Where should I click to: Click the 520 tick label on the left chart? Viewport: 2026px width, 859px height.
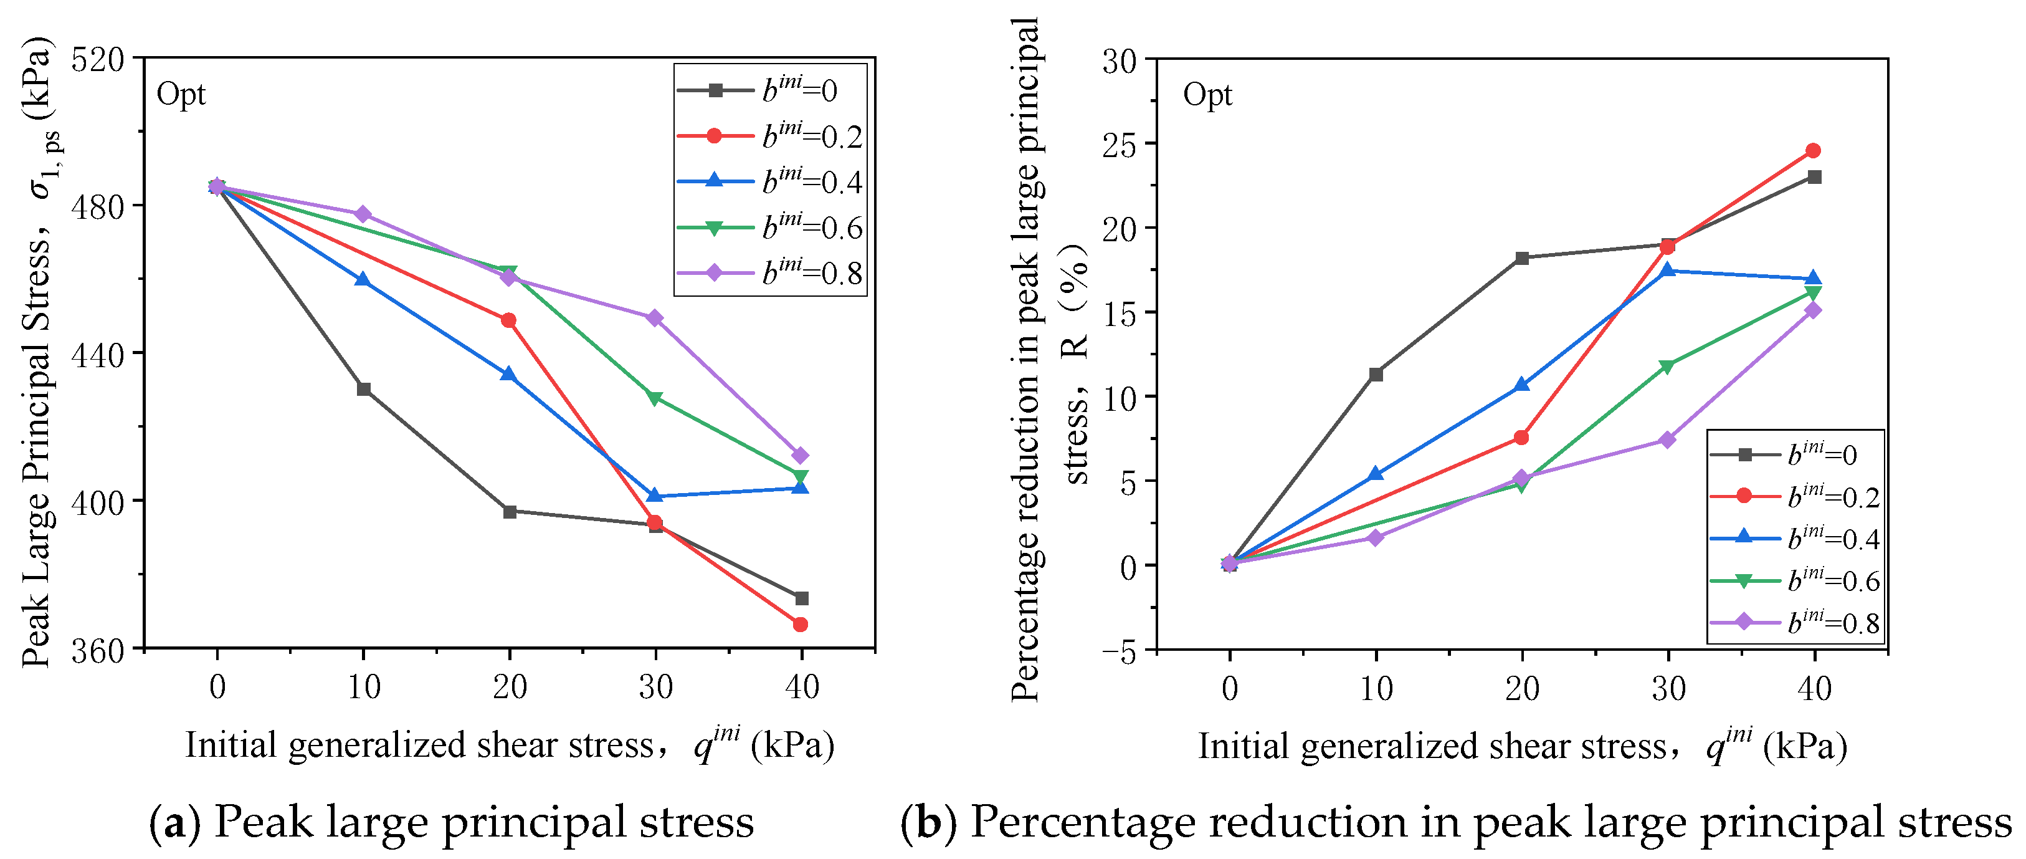[x=98, y=60]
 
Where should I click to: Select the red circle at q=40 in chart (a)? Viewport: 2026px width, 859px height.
[x=801, y=625]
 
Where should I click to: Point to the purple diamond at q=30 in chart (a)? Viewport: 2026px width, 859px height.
[x=654, y=318]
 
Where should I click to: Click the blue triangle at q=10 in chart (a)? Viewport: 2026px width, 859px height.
[x=363, y=279]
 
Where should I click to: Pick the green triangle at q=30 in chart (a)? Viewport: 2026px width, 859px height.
[x=654, y=398]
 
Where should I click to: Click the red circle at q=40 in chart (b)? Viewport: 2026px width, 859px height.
[x=1813, y=150]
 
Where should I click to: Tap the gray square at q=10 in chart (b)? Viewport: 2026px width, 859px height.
[x=1376, y=375]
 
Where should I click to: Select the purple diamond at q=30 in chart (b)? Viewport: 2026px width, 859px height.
[x=1667, y=439]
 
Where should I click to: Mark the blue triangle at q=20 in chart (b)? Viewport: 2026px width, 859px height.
[x=1522, y=385]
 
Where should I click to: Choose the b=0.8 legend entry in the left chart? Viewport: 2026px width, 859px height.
[x=771, y=273]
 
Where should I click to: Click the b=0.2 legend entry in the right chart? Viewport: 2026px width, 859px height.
[x=1795, y=496]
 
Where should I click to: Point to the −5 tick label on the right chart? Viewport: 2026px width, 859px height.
[x=1118, y=652]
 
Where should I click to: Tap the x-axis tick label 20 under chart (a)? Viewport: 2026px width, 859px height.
[x=510, y=688]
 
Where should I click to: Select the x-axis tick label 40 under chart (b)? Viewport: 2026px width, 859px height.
[x=1814, y=689]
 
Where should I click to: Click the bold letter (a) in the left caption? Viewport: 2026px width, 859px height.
[x=174, y=822]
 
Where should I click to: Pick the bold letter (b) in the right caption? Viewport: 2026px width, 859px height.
[x=929, y=822]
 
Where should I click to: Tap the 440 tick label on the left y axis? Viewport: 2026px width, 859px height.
[x=98, y=355]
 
